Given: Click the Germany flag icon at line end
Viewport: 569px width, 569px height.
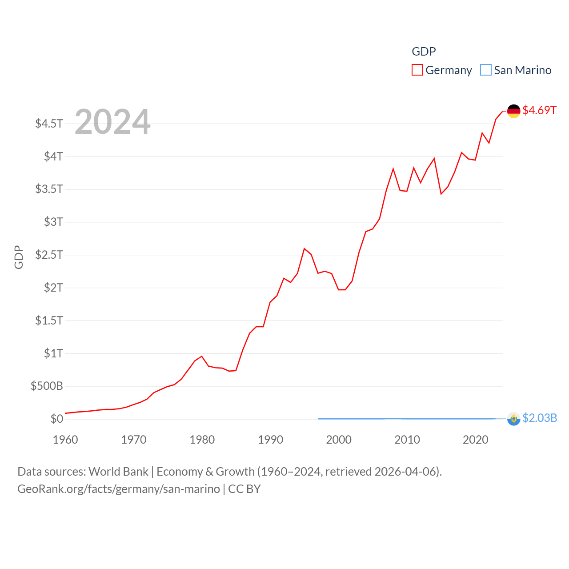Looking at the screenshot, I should coord(513,111).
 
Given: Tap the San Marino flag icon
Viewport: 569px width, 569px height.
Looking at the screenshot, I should coord(513,419).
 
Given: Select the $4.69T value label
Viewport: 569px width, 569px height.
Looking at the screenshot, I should coord(539,110).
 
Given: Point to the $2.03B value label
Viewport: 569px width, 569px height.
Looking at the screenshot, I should coord(540,418).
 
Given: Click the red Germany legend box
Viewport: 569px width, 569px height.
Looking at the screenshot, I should coord(417,70).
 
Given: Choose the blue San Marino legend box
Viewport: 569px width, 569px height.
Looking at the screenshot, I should coord(486,70).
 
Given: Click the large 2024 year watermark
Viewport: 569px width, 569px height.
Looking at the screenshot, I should coord(112,122).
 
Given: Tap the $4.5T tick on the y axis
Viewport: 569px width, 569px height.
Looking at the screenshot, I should coord(49,123).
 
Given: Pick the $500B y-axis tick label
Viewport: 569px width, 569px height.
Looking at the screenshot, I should coord(47,386).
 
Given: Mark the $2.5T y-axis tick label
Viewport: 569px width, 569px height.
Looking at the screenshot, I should coord(49,255).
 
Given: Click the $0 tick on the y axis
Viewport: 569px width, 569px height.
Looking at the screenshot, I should coord(57,419).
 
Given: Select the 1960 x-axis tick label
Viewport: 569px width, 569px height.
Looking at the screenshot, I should coord(65,440).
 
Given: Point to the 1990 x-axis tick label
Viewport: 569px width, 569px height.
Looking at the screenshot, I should coord(270,440).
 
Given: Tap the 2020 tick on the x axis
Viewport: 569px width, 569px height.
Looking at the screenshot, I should coord(475,440).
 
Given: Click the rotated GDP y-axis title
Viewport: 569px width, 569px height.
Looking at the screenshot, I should coord(19,257).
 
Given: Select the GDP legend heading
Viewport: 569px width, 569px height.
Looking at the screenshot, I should coord(424,52).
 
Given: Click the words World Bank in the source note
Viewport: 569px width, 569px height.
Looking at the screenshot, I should coord(118,472).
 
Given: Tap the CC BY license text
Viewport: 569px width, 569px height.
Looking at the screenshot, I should coord(244,489).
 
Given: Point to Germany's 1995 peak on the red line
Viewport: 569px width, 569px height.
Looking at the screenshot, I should coord(305,248).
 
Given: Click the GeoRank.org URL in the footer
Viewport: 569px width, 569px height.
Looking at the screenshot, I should coord(118,489).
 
